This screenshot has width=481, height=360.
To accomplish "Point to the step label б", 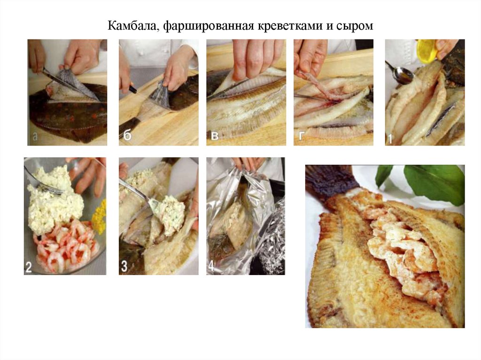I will [x=126, y=136].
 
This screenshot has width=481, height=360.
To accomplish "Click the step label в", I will [x=214, y=137].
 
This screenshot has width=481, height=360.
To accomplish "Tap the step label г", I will [x=301, y=137].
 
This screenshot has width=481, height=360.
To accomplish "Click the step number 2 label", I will [x=29, y=267].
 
